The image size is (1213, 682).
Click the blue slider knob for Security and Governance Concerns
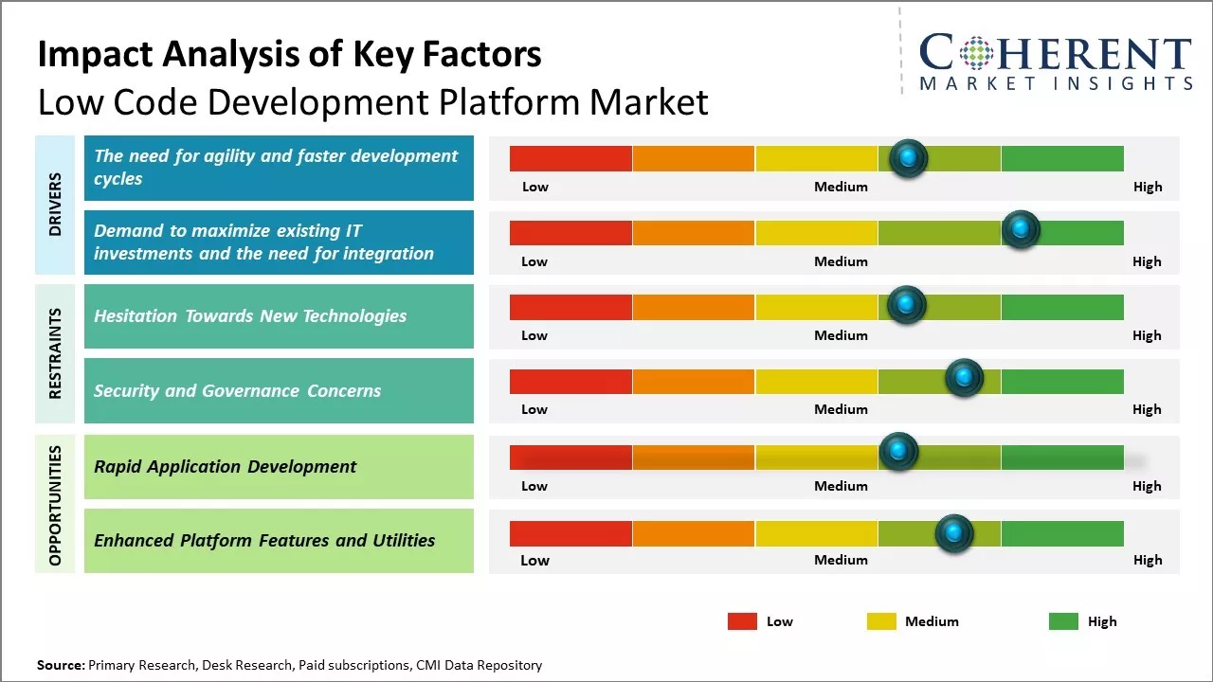[965, 378]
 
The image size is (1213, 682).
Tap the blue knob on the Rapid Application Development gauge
[898, 452]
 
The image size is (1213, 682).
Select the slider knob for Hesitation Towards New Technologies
[906, 304]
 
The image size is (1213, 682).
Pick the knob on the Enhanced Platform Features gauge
[954, 533]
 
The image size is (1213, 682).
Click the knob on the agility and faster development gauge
[909, 157]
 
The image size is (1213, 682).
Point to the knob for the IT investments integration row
[1021, 229]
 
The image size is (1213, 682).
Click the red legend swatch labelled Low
[742, 621]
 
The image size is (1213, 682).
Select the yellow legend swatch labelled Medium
[881, 621]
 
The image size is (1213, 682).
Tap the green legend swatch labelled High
[1063, 621]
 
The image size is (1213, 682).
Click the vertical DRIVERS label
[55, 205]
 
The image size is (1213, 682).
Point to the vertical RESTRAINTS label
[55, 353]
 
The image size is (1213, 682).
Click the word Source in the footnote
[61, 666]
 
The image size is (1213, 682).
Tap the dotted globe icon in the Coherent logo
[976, 53]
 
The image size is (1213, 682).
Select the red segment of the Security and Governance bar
[570, 381]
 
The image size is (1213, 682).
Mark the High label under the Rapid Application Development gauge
[1147, 486]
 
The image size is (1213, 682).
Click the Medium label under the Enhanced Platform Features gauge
[841, 560]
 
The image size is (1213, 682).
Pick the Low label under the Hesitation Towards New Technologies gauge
[534, 335]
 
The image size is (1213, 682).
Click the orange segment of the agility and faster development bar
[694, 158]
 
